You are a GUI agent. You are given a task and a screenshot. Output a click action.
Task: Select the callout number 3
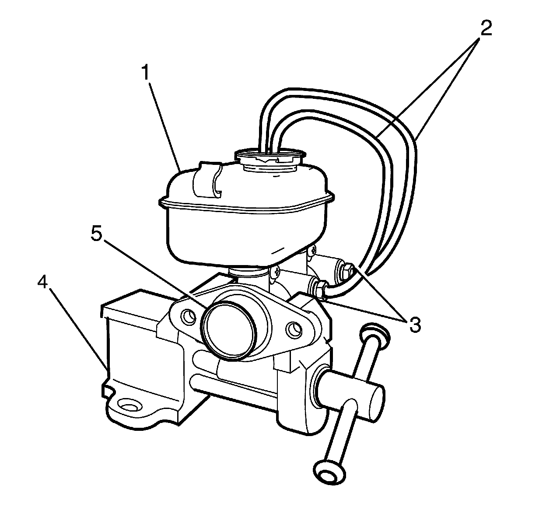point(414,324)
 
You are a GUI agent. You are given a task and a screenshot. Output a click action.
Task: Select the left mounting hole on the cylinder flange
point(189,316)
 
